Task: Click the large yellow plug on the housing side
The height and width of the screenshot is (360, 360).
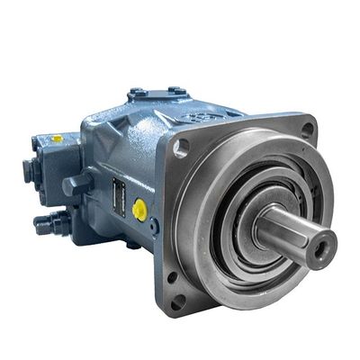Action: coord(139,209)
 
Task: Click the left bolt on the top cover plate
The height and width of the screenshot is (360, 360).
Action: coord(138,93)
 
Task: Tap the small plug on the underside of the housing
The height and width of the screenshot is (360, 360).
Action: coord(132,244)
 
